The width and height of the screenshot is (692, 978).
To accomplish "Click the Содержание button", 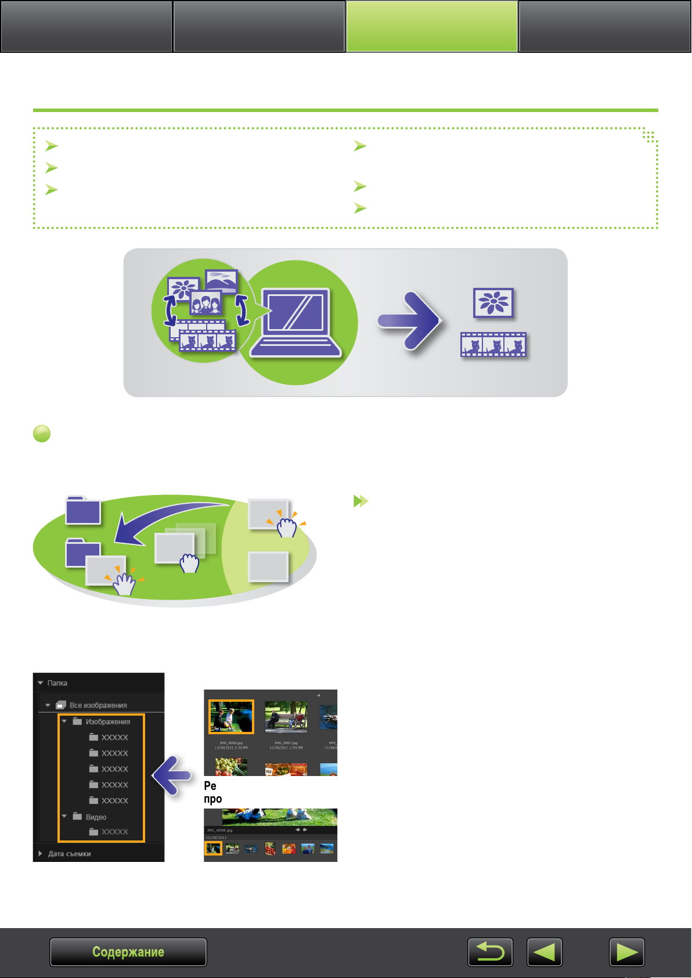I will [128, 952].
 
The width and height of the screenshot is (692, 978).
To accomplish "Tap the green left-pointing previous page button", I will [545, 952].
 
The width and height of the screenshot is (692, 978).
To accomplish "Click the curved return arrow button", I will [490, 952].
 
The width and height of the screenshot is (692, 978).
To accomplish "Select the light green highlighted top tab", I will [432, 26].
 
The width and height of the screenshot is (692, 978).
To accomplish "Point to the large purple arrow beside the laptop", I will [409, 321].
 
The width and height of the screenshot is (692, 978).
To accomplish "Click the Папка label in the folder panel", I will [57, 683].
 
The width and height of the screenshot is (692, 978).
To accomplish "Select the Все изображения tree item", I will [98, 705].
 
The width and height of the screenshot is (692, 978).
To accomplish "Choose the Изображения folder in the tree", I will [107, 722].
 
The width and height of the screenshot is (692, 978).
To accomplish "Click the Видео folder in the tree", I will [96, 817].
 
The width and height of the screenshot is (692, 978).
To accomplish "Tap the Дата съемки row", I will [69, 854].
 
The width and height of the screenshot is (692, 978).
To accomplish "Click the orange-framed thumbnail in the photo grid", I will [231, 717].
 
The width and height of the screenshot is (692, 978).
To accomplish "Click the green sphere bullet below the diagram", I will [42, 434].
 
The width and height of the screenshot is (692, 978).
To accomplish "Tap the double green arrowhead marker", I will [361, 501].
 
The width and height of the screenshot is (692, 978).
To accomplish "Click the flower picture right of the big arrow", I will [493, 302].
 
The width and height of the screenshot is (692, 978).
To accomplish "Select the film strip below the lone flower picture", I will [493, 345].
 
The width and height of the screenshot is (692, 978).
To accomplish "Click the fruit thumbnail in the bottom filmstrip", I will [270, 849].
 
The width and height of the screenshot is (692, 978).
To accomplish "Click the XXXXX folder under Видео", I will [114, 832].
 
